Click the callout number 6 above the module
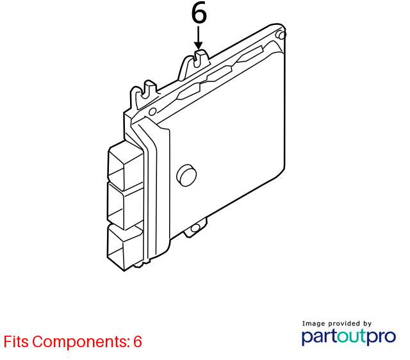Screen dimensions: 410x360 pos(199,13)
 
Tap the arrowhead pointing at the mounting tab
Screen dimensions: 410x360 pos(199,45)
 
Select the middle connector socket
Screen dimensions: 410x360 pos(125,205)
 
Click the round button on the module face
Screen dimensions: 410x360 pos(186,175)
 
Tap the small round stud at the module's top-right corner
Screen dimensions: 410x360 pos(281,35)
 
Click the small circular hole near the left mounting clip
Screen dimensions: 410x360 pos(152,111)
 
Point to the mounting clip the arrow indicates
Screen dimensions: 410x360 pos(194,65)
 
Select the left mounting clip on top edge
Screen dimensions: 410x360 pos(144,95)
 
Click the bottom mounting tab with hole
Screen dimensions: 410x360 pos(195,228)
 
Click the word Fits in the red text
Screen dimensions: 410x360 pos(16,341)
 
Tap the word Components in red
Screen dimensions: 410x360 pos(81,342)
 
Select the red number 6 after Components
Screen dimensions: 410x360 pos(138,341)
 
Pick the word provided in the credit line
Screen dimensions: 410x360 pos(344,323)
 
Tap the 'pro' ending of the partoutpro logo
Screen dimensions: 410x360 pos(381,338)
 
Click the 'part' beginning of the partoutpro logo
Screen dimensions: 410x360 pos(319,338)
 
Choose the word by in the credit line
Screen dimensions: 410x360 pos(367,324)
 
